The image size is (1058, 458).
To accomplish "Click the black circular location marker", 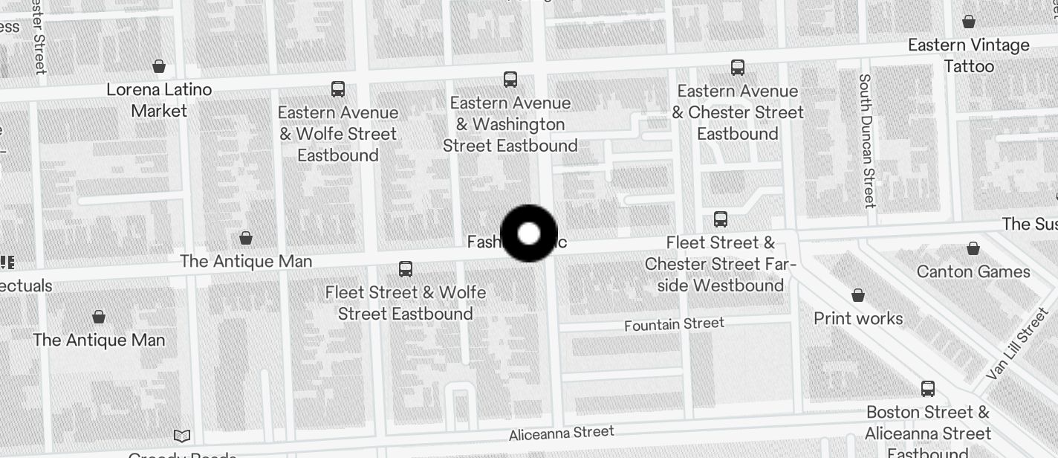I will pos(529,234).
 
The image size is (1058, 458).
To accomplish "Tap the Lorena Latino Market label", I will pos(159,100).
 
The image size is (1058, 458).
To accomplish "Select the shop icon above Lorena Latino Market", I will pos(158,67).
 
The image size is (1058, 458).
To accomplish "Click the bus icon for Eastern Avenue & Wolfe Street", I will pos(338,89).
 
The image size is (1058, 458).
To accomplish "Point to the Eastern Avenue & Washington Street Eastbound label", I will pos(510,124).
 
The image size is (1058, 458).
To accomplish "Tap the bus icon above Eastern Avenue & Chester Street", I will pos(738,68).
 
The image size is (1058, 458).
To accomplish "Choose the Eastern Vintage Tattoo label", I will pos(969,56).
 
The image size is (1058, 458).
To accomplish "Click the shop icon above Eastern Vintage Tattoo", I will pos(969,22).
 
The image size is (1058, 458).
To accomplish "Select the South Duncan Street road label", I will pos(866,141).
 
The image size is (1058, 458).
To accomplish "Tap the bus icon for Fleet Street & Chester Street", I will pos(720,219).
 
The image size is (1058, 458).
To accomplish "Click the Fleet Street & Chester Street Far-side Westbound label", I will pos(719,264).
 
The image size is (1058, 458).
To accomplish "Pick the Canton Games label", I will pos(973,271).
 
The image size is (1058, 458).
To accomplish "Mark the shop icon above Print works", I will pos(858,296).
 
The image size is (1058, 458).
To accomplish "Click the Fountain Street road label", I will pos(674,324).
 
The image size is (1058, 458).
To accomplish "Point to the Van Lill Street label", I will pos(1017,344).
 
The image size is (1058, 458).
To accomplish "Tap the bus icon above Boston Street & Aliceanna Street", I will pos(928,388).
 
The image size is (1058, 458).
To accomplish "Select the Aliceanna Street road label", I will pos(562,433).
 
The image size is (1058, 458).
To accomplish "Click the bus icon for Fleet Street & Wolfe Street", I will pos(406,269).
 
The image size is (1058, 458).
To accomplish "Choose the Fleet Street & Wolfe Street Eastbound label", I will pos(406,303).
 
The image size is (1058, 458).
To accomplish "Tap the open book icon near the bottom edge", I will pos(182,436).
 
